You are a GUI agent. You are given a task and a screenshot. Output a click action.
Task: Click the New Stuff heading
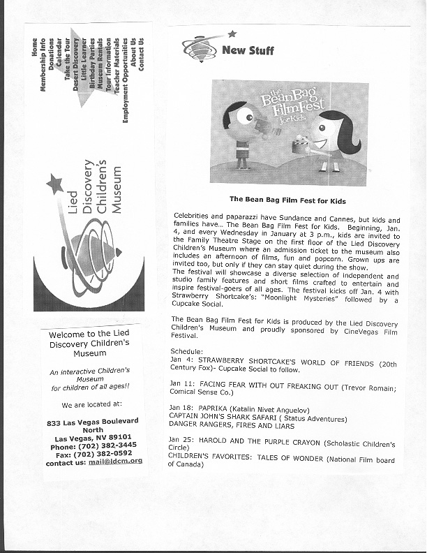(x=248, y=50)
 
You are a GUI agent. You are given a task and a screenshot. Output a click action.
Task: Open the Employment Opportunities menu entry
(x=126, y=80)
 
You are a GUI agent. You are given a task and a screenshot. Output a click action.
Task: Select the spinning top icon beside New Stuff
(x=199, y=48)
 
